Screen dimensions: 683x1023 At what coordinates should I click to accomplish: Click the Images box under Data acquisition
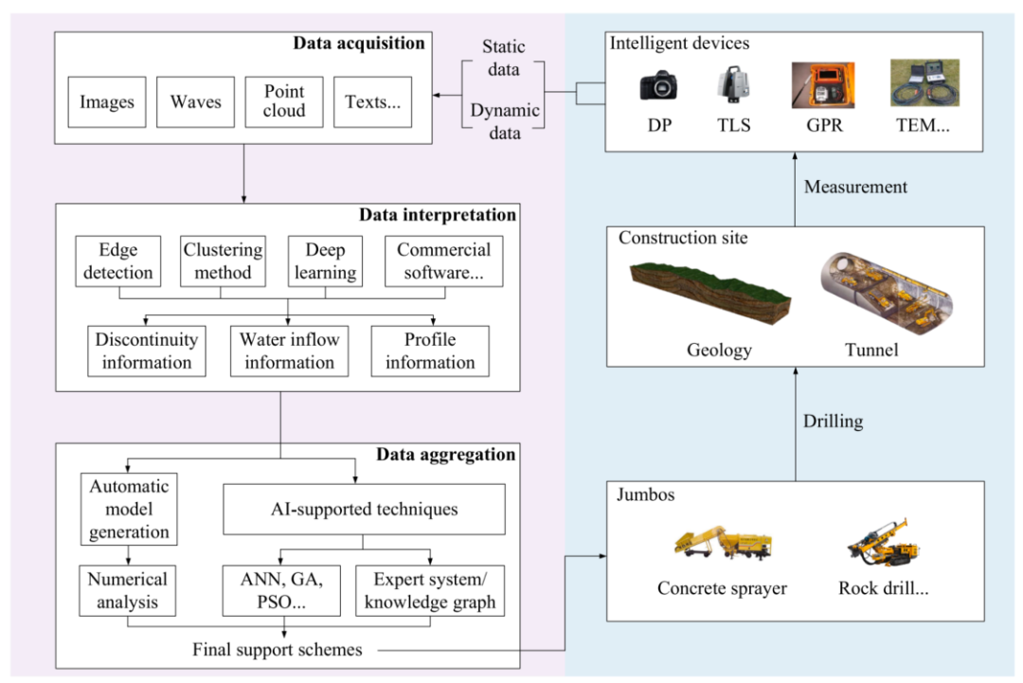pyautogui.click(x=107, y=102)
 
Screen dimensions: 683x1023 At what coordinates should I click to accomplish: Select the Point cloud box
pyautogui.click(x=284, y=102)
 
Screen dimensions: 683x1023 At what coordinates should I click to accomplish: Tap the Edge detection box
pyautogui.click(x=118, y=261)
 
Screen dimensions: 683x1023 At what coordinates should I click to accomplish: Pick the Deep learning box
pyautogui.click(x=324, y=261)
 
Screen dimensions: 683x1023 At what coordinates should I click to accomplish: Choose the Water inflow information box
pyautogui.click(x=289, y=351)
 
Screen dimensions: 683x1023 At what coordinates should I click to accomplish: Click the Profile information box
pyautogui.click(x=430, y=351)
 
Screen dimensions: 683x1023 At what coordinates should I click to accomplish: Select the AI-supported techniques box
pyautogui.click(x=364, y=510)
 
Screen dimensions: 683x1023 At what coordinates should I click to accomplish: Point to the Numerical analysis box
pyautogui.click(x=128, y=589)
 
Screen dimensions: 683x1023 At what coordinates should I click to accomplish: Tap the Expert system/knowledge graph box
pyautogui.click(x=430, y=589)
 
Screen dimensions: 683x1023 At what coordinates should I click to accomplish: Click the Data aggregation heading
pyautogui.click(x=445, y=455)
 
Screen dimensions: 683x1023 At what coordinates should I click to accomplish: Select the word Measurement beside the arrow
pyautogui.click(x=855, y=187)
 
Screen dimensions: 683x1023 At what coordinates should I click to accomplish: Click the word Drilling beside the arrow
pyautogui.click(x=834, y=421)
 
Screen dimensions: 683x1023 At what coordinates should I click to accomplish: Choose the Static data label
pyautogui.click(x=504, y=58)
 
